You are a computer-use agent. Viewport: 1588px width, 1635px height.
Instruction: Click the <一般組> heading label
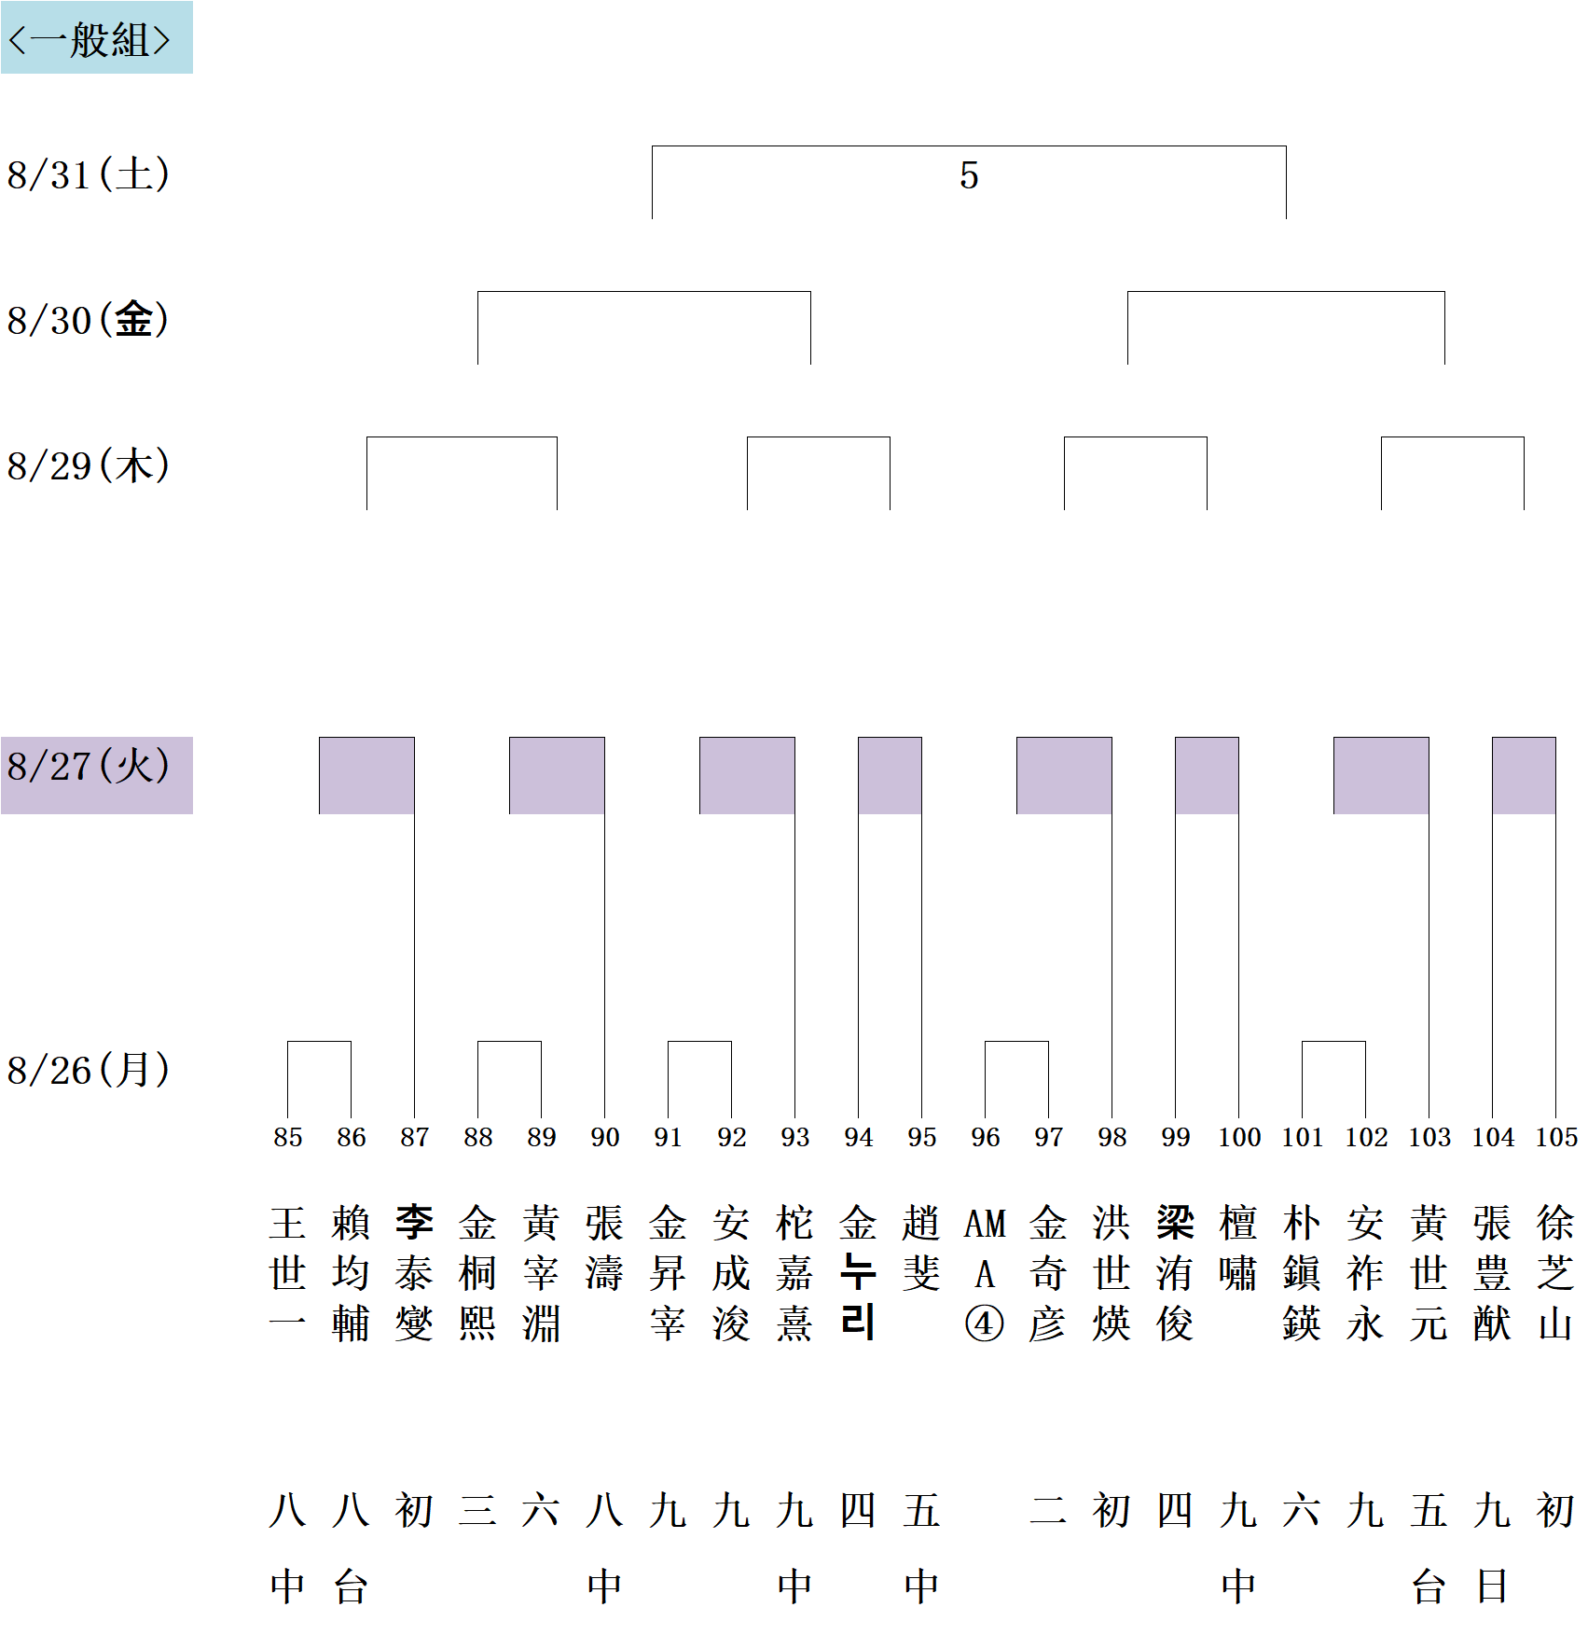coord(90,39)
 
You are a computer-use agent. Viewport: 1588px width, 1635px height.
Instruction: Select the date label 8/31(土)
coord(89,174)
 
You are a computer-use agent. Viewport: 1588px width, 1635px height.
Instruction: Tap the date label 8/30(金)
coord(89,320)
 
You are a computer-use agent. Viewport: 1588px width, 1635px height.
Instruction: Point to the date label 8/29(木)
coord(89,465)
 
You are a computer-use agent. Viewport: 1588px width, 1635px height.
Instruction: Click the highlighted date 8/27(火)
coord(89,767)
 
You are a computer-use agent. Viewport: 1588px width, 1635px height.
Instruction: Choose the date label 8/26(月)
coord(89,1070)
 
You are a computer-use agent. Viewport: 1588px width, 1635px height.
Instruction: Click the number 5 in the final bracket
coord(969,175)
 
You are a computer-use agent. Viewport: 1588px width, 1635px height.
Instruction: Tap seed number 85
coord(288,1137)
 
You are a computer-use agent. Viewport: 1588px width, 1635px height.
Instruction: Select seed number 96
coord(985,1137)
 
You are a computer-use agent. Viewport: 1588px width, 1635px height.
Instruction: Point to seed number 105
coord(1556,1137)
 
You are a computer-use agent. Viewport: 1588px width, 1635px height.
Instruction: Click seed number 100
coord(1239,1137)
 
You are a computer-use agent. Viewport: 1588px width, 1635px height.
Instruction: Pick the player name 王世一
coord(288,1273)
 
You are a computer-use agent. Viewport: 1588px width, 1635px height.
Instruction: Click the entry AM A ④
coord(985,1273)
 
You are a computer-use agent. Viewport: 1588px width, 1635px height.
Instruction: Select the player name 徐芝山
coord(1556,1273)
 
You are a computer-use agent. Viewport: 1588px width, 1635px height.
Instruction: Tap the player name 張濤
coord(605,1248)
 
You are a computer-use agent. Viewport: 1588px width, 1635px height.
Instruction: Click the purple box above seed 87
coord(366,775)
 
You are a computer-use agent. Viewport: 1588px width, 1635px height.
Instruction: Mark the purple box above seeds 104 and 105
coord(1524,775)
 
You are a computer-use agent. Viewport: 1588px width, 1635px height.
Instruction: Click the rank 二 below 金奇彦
coord(1048,1510)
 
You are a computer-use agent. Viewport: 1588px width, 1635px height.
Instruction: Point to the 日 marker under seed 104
coord(1493,1587)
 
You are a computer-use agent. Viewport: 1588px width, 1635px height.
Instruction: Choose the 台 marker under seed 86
coord(352,1587)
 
